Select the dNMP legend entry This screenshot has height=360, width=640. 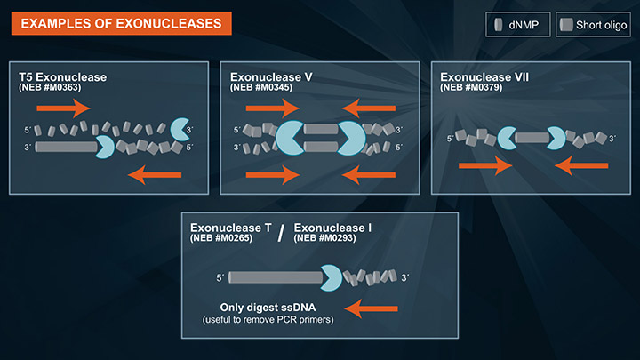pos(517,25)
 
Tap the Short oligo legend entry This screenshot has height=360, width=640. pos(593,25)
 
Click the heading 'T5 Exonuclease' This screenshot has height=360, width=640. pos(63,77)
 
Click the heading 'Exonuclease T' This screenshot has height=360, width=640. pos(230,229)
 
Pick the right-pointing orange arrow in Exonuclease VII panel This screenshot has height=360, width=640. pos(485,165)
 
